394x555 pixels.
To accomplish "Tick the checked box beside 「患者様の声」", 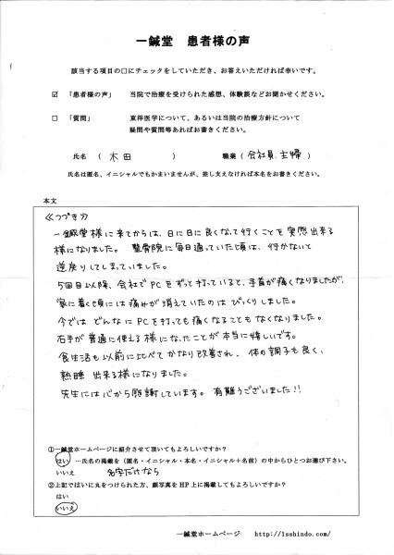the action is click(56, 94).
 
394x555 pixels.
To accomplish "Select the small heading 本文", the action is click(49, 201).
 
